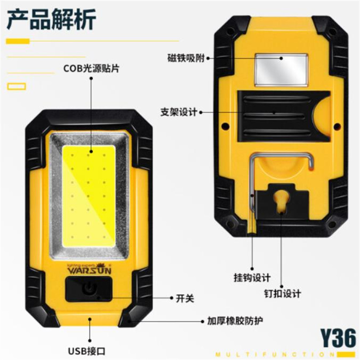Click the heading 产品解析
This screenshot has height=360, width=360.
51,19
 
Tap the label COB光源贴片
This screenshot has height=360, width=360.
91,68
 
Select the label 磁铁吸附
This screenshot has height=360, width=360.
186,58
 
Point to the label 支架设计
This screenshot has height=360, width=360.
179,112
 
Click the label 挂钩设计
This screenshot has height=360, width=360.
252,278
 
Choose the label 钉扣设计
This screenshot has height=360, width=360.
283,293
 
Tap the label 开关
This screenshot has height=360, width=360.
185,298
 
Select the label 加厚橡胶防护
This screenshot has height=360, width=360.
235,321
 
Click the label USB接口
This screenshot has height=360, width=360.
87,351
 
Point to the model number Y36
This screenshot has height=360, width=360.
338,338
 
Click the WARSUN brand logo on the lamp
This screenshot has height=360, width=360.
90,269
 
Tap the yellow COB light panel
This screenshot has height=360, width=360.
89,196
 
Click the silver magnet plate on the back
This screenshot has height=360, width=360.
281,70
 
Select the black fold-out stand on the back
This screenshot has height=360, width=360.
284,116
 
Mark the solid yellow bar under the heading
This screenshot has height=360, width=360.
18,41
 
